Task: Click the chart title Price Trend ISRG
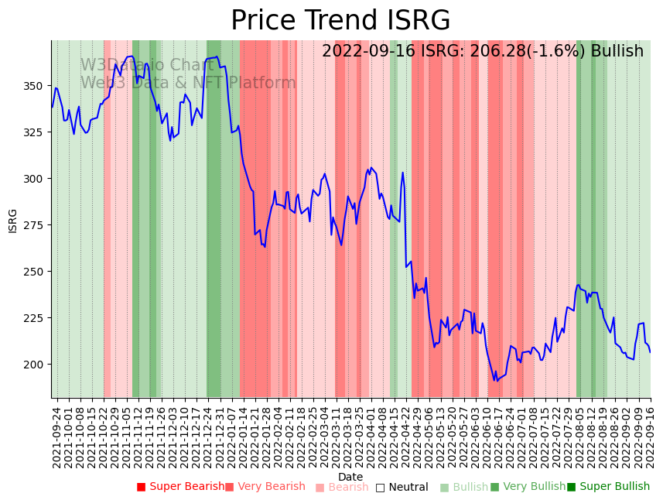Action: pos(340,21)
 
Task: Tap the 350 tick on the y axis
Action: pos(37,86)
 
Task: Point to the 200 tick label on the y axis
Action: pos(37,365)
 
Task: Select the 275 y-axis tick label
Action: pos(37,225)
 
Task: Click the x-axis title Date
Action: pos(350,477)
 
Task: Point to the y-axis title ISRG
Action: pos(13,221)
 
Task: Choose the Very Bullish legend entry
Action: pos(528,487)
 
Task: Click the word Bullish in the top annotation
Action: pos(617,52)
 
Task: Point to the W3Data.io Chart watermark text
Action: pos(147,65)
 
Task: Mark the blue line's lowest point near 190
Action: pos(495,381)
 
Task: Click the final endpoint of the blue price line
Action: pos(650,352)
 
